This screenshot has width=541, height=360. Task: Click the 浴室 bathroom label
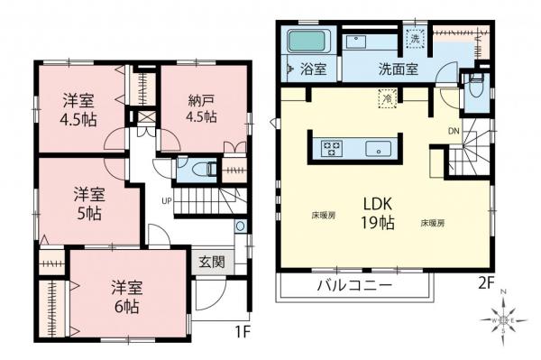click(311, 69)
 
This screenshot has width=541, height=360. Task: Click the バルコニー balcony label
click(353, 286)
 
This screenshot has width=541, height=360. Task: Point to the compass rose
click(504, 318)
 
